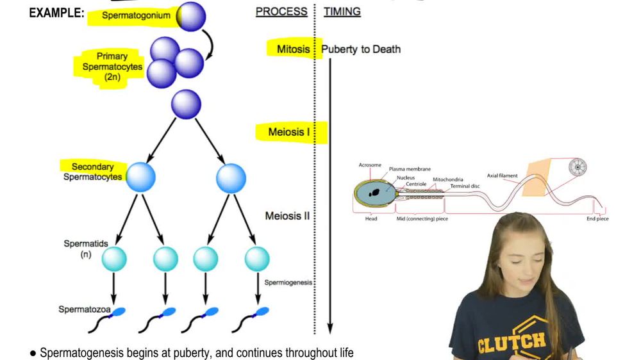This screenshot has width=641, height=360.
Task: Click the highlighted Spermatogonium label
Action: (131, 15)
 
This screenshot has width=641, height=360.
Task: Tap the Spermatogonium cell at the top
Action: (190, 17)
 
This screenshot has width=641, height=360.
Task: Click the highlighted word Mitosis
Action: (294, 49)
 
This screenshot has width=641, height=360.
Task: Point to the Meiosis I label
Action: (290, 133)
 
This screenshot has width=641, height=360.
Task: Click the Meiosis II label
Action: (287, 216)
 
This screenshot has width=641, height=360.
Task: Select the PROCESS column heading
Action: (281, 12)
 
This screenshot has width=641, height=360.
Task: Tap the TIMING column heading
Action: (342, 12)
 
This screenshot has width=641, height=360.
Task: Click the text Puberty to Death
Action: (361, 49)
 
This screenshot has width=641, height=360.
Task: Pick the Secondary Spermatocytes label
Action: (93, 172)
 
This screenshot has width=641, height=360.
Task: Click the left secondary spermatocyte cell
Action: (140, 177)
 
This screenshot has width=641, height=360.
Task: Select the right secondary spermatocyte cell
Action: (231, 177)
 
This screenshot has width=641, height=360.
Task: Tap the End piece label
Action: (597, 219)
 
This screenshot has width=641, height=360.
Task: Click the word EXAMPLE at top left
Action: (56, 12)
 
